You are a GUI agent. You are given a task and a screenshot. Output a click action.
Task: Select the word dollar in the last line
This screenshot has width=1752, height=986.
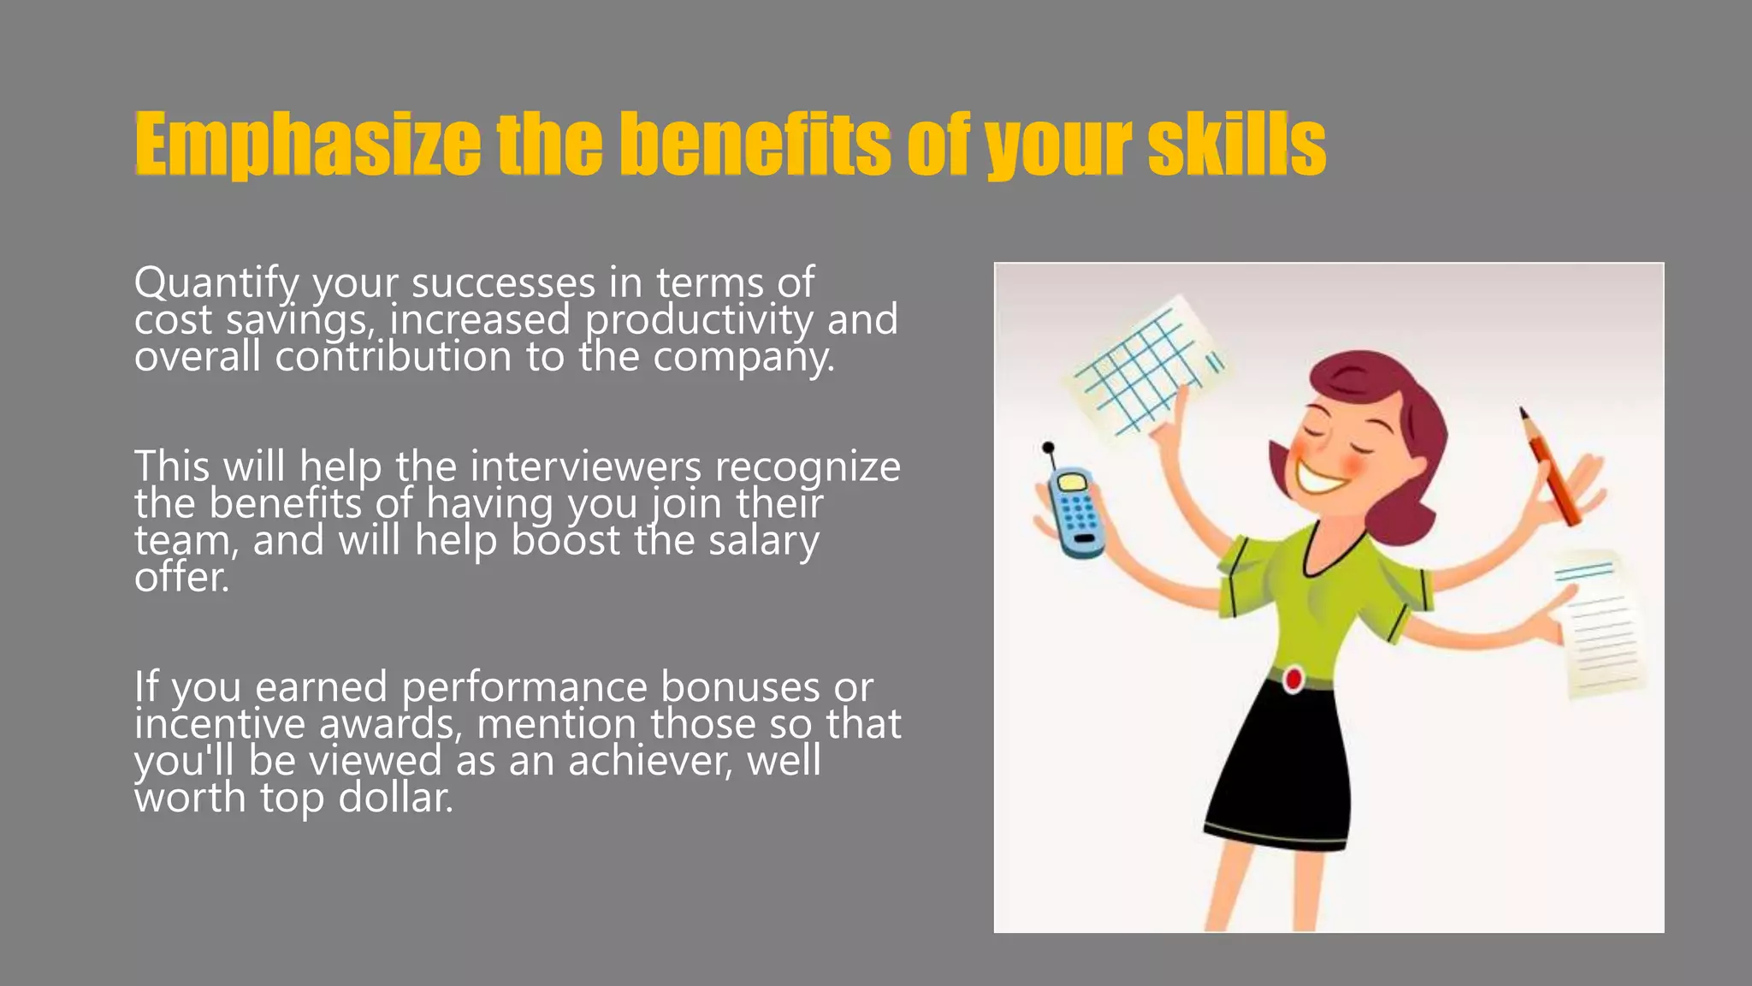click(x=395, y=798)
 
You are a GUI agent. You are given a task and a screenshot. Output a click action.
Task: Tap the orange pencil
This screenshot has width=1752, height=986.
click(x=1550, y=467)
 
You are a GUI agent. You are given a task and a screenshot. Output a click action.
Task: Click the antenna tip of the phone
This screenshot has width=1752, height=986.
click(x=1048, y=447)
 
